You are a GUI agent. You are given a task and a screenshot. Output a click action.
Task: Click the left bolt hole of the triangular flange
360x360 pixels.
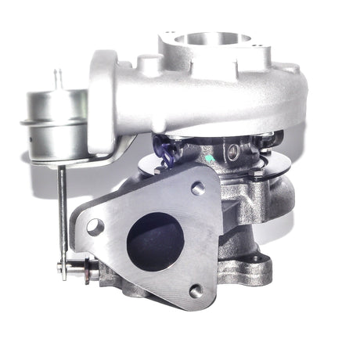[x=95, y=227]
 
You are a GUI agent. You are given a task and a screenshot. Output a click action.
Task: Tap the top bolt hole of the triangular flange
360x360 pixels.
[x=197, y=188]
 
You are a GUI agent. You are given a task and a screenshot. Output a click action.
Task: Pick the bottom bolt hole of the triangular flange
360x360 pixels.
[x=196, y=290]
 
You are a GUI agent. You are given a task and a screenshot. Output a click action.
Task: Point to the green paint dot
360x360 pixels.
[x=208, y=157]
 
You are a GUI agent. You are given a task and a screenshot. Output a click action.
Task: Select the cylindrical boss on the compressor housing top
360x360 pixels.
[x=151, y=63]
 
